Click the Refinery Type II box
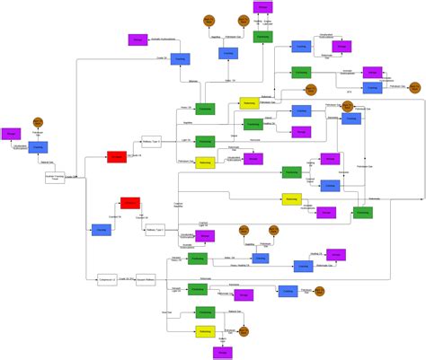pyautogui.click(x=151, y=141)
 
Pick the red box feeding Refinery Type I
pyautogui.click(x=130, y=204)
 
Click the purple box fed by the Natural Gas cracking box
pyautogui.click(x=11, y=134)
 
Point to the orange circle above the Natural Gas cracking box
pyautogui.click(x=38, y=120)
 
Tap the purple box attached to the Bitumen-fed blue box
pyautogui.click(x=138, y=40)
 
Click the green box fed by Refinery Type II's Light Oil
pyautogui.click(x=205, y=142)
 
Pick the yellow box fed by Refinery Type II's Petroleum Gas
pyautogui.click(x=205, y=162)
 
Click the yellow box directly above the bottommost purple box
pyautogui.click(x=205, y=332)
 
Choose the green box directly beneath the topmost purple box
pyautogui.click(x=262, y=37)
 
